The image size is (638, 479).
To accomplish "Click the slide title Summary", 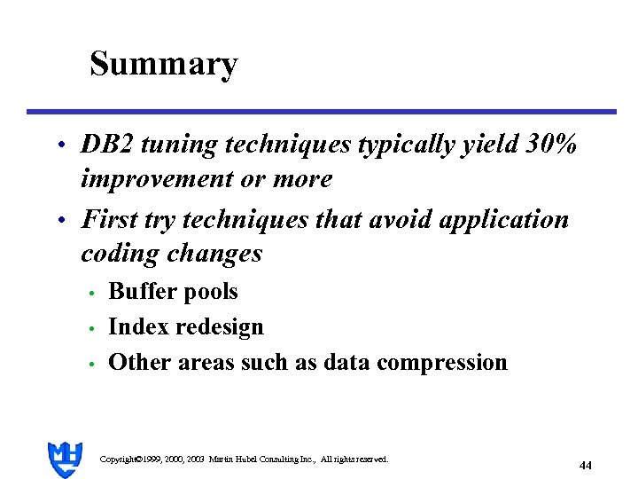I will [x=164, y=64].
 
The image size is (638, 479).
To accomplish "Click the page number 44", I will [x=585, y=465].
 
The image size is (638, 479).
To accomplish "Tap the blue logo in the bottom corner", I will [x=65, y=459].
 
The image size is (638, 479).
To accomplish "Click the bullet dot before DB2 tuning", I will [x=59, y=145].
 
